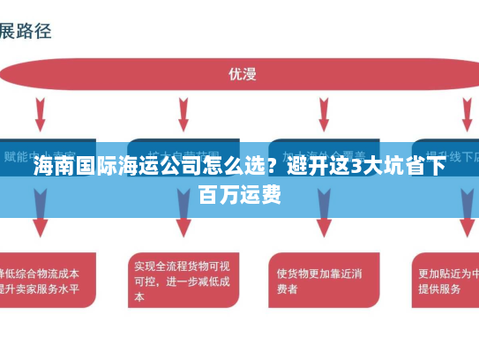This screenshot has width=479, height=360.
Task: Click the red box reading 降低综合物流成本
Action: [44, 281]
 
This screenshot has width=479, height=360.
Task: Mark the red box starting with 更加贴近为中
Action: [445, 281]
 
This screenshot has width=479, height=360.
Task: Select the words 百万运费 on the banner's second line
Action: [240, 195]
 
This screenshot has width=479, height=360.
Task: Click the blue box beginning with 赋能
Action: [44, 156]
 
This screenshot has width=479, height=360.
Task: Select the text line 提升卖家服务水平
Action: [40, 289]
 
